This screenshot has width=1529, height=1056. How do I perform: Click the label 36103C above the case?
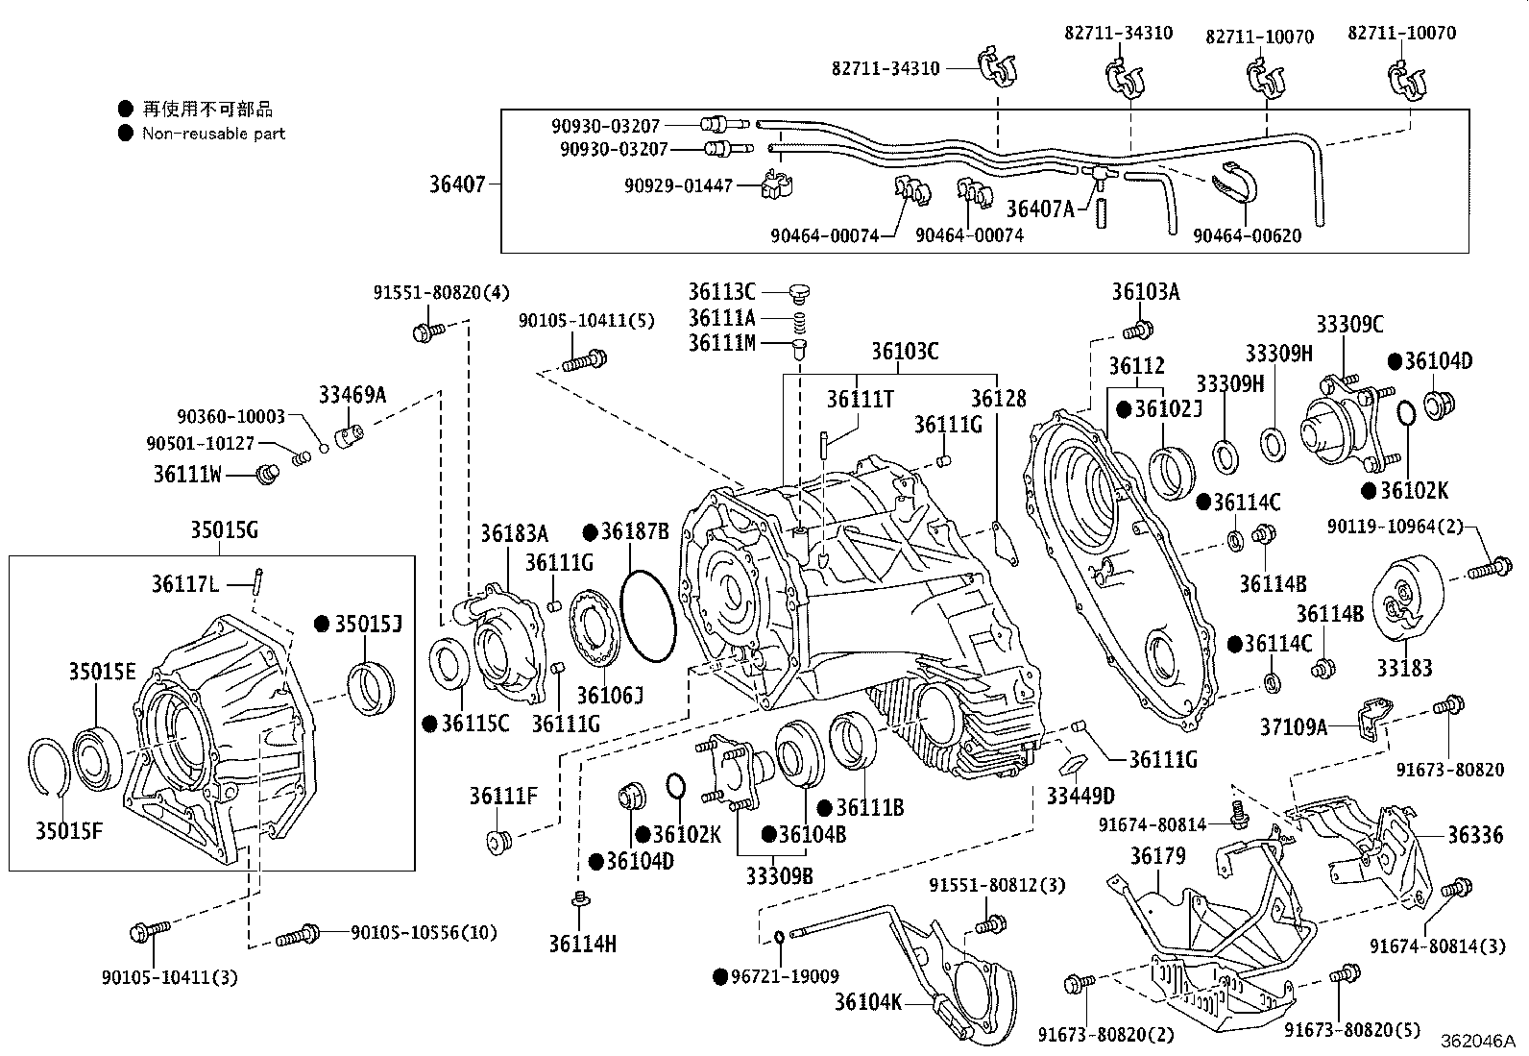(905, 351)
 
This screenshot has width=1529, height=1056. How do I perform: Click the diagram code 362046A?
(1476, 1041)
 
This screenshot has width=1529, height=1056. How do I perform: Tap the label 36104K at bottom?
(867, 1002)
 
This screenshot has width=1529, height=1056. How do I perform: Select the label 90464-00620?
(1247, 235)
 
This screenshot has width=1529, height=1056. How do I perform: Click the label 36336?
(1475, 835)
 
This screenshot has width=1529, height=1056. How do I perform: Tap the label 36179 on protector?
(1157, 855)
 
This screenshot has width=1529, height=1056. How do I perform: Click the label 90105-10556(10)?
(410, 931)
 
